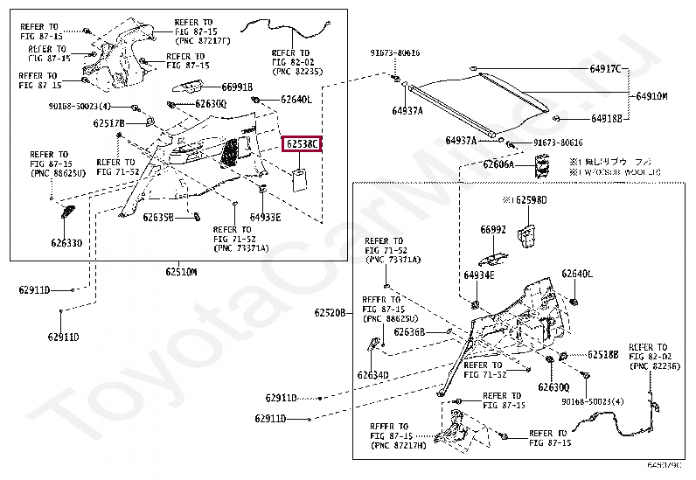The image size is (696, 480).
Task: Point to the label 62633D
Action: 66,244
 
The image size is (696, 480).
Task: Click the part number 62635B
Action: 158,217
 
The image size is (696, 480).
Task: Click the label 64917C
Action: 603,69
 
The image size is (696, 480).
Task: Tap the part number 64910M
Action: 651,96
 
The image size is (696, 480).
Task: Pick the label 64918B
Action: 606,118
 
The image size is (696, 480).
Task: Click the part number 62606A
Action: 501,164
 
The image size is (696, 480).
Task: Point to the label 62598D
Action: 527,200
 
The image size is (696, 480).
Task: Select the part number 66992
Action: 492,230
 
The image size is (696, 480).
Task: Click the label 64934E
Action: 479,275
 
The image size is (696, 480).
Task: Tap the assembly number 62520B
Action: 331,312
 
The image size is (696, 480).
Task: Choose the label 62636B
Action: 408,332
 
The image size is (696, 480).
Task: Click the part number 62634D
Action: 372,375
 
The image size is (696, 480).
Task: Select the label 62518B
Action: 603,354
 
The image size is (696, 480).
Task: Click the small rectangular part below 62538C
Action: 300,178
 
